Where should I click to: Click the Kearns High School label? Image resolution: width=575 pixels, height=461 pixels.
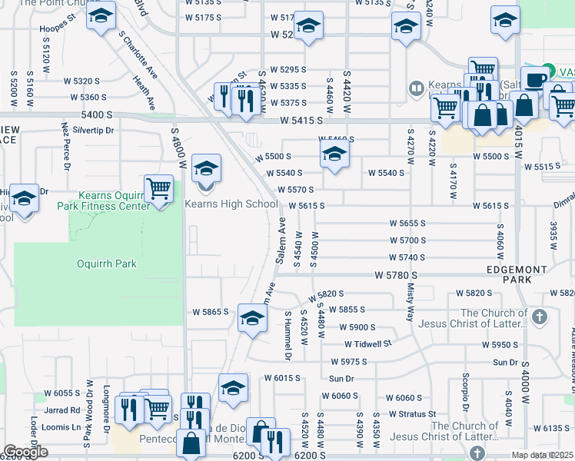click(x=231, y=204)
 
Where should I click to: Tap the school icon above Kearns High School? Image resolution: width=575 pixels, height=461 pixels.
click(x=206, y=167)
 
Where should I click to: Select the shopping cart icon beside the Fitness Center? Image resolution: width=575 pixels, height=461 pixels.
click(x=158, y=187)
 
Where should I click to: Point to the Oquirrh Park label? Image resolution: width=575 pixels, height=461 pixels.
click(x=107, y=264)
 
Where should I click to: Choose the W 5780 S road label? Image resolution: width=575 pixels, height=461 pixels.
click(x=396, y=274)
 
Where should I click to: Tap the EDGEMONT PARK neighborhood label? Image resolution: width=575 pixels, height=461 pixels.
click(x=519, y=275)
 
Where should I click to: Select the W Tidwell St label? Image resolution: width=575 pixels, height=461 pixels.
click(x=367, y=343)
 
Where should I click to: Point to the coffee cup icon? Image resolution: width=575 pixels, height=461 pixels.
click(x=537, y=79)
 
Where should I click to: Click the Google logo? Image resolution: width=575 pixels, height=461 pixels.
click(x=25, y=452)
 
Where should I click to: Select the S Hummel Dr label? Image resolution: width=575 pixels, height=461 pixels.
click(x=288, y=336)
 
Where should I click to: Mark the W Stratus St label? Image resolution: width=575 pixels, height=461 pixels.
click(x=412, y=413)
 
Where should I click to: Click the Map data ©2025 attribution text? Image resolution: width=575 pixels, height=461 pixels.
click(x=542, y=455)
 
